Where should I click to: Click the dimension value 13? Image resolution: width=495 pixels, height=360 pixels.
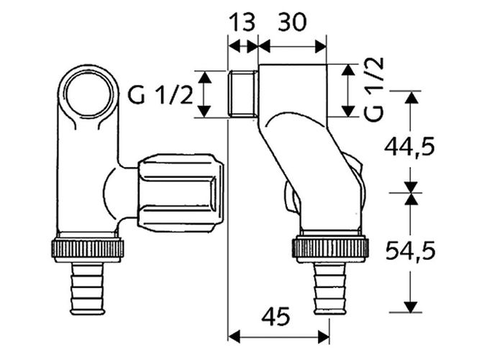[x=242, y=22]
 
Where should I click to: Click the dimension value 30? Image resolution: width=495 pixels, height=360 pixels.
[x=292, y=22]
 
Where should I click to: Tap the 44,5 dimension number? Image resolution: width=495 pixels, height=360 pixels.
[x=409, y=147]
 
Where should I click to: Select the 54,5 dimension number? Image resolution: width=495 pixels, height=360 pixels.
[x=410, y=251]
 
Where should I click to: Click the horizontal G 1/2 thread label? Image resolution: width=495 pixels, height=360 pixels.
[x=160, y=95]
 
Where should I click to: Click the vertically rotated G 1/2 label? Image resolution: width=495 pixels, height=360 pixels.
[x=374, y=89]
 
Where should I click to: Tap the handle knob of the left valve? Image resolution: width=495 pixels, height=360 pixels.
[x=181, y=194]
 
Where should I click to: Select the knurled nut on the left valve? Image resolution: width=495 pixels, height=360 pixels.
[x=87, y=249]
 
